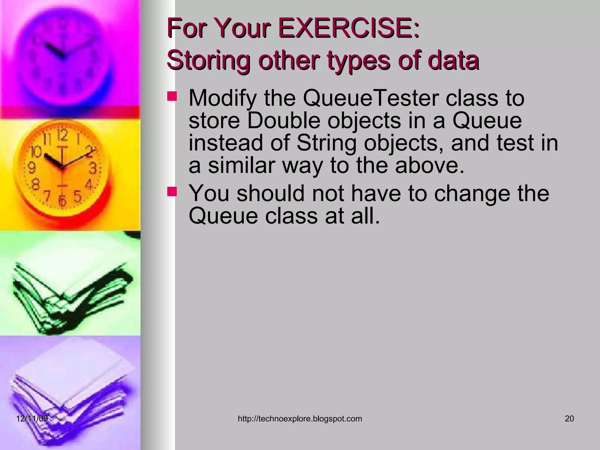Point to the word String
(x=326, y=143)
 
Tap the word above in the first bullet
(x=429, y=166)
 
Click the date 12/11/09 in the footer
(x=32, y=419)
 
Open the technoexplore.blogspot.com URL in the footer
(x=300, y=419)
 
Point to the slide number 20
(x=569, y=419)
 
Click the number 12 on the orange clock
(x=62, y=135)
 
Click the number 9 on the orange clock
(x=32, y=168)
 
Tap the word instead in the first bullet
(x=226, y=143)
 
